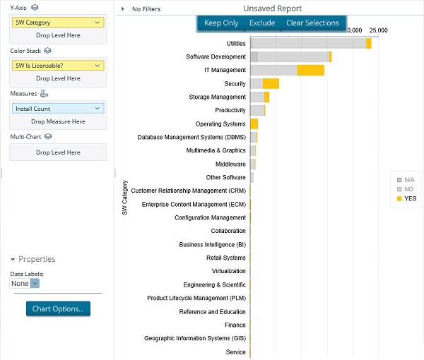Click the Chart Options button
58,309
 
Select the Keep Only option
221,23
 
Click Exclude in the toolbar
262,23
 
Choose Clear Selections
312,23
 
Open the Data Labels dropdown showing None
25,283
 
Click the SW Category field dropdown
58,23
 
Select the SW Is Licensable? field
58,66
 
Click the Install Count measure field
58,109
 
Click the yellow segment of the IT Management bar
310,70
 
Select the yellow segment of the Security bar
271,84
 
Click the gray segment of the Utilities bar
308,44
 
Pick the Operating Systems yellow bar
254,124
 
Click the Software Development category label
216,57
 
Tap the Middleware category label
230,164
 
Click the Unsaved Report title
272,8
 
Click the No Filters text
146,9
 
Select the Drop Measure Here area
58,121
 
